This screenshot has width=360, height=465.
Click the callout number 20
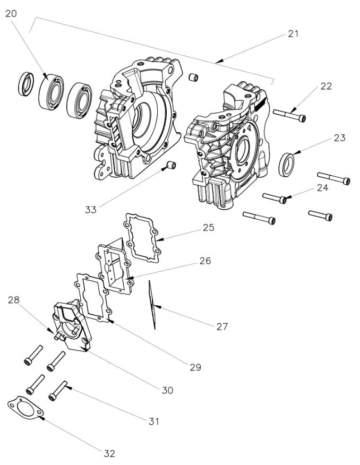(x=11, y=14)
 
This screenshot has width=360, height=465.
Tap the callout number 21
(x=293, y=33)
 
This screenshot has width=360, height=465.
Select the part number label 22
(x=325, y=86)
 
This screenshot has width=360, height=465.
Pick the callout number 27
(x=221, y=326)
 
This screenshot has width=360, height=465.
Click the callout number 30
(x=168, y=390)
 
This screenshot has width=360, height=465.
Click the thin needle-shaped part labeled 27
(x=152, y=305)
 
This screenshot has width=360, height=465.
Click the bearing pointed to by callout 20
(x=52, y=92)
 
